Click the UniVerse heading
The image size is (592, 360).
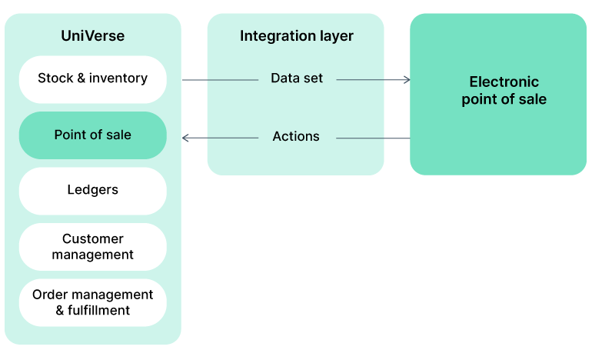coord(92,36)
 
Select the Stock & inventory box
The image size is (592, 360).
coord(92,78)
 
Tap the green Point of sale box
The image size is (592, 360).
coord(92,135)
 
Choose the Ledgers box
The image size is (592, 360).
coord(92,190)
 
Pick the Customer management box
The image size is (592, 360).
coord(92,246)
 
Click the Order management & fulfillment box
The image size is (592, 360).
coord(92,302)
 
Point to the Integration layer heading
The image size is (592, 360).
coord(296,36)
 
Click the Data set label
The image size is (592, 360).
coord(297,78)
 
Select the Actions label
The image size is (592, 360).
coord(296,137)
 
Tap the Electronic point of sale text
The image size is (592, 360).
coord(504,91)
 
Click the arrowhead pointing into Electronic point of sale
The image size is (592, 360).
coord(407,79)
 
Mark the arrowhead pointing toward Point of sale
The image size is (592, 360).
coord(186,138)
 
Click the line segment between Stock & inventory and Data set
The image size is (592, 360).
coord(220,79)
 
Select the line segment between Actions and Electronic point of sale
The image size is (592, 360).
coord(373,138)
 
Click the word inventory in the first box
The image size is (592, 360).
coord(118,78)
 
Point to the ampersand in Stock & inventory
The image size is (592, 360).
coord(81,78)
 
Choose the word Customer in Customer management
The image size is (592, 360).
coord(92,239)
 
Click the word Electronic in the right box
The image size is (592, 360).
coord(504,82)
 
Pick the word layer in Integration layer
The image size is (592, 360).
coord(337,36)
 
